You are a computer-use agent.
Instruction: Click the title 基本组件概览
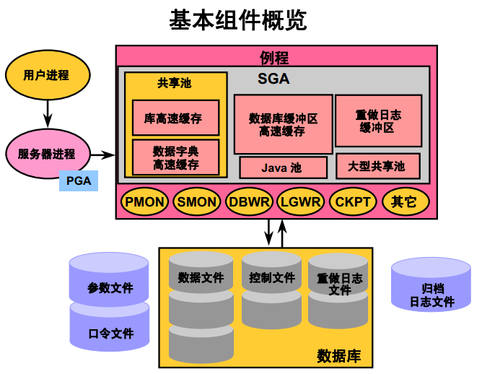point(238,19)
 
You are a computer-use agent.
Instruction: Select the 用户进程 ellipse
point(48,75)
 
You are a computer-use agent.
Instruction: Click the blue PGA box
point(79,181)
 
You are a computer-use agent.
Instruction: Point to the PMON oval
point(145,202)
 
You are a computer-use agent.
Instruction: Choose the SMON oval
point(196,202)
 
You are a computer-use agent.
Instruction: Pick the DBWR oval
point(249,202)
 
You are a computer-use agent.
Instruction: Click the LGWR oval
point(301,202)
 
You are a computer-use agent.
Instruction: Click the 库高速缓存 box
point(175,118)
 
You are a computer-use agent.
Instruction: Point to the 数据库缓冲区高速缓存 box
point(282,124)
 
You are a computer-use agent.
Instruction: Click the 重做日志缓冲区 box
point(378,121)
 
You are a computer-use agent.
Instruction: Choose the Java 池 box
point(282,168)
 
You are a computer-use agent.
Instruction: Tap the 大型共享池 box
point(378,167)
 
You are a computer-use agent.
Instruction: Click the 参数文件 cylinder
point(110,282)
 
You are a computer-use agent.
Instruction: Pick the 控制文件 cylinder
point(272,289)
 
